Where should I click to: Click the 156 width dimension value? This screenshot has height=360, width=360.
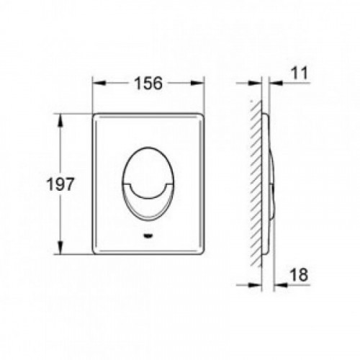[x=148, y=84]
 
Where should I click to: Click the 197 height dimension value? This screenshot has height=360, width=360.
[x=60, y=184]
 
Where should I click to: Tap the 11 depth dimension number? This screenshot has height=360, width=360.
[x=299, y=73]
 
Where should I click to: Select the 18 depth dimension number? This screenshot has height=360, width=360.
[x=299, y=275]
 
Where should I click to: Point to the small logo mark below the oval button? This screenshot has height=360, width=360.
[x=148, y=236]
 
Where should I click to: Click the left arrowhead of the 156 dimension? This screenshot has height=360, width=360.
[x=99, y=83]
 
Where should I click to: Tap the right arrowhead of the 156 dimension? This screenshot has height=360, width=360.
[x=198, y=83]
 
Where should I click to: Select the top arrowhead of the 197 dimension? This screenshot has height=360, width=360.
[x=60, y=120]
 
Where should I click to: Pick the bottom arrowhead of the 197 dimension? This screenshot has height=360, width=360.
[x=60, y=248]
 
